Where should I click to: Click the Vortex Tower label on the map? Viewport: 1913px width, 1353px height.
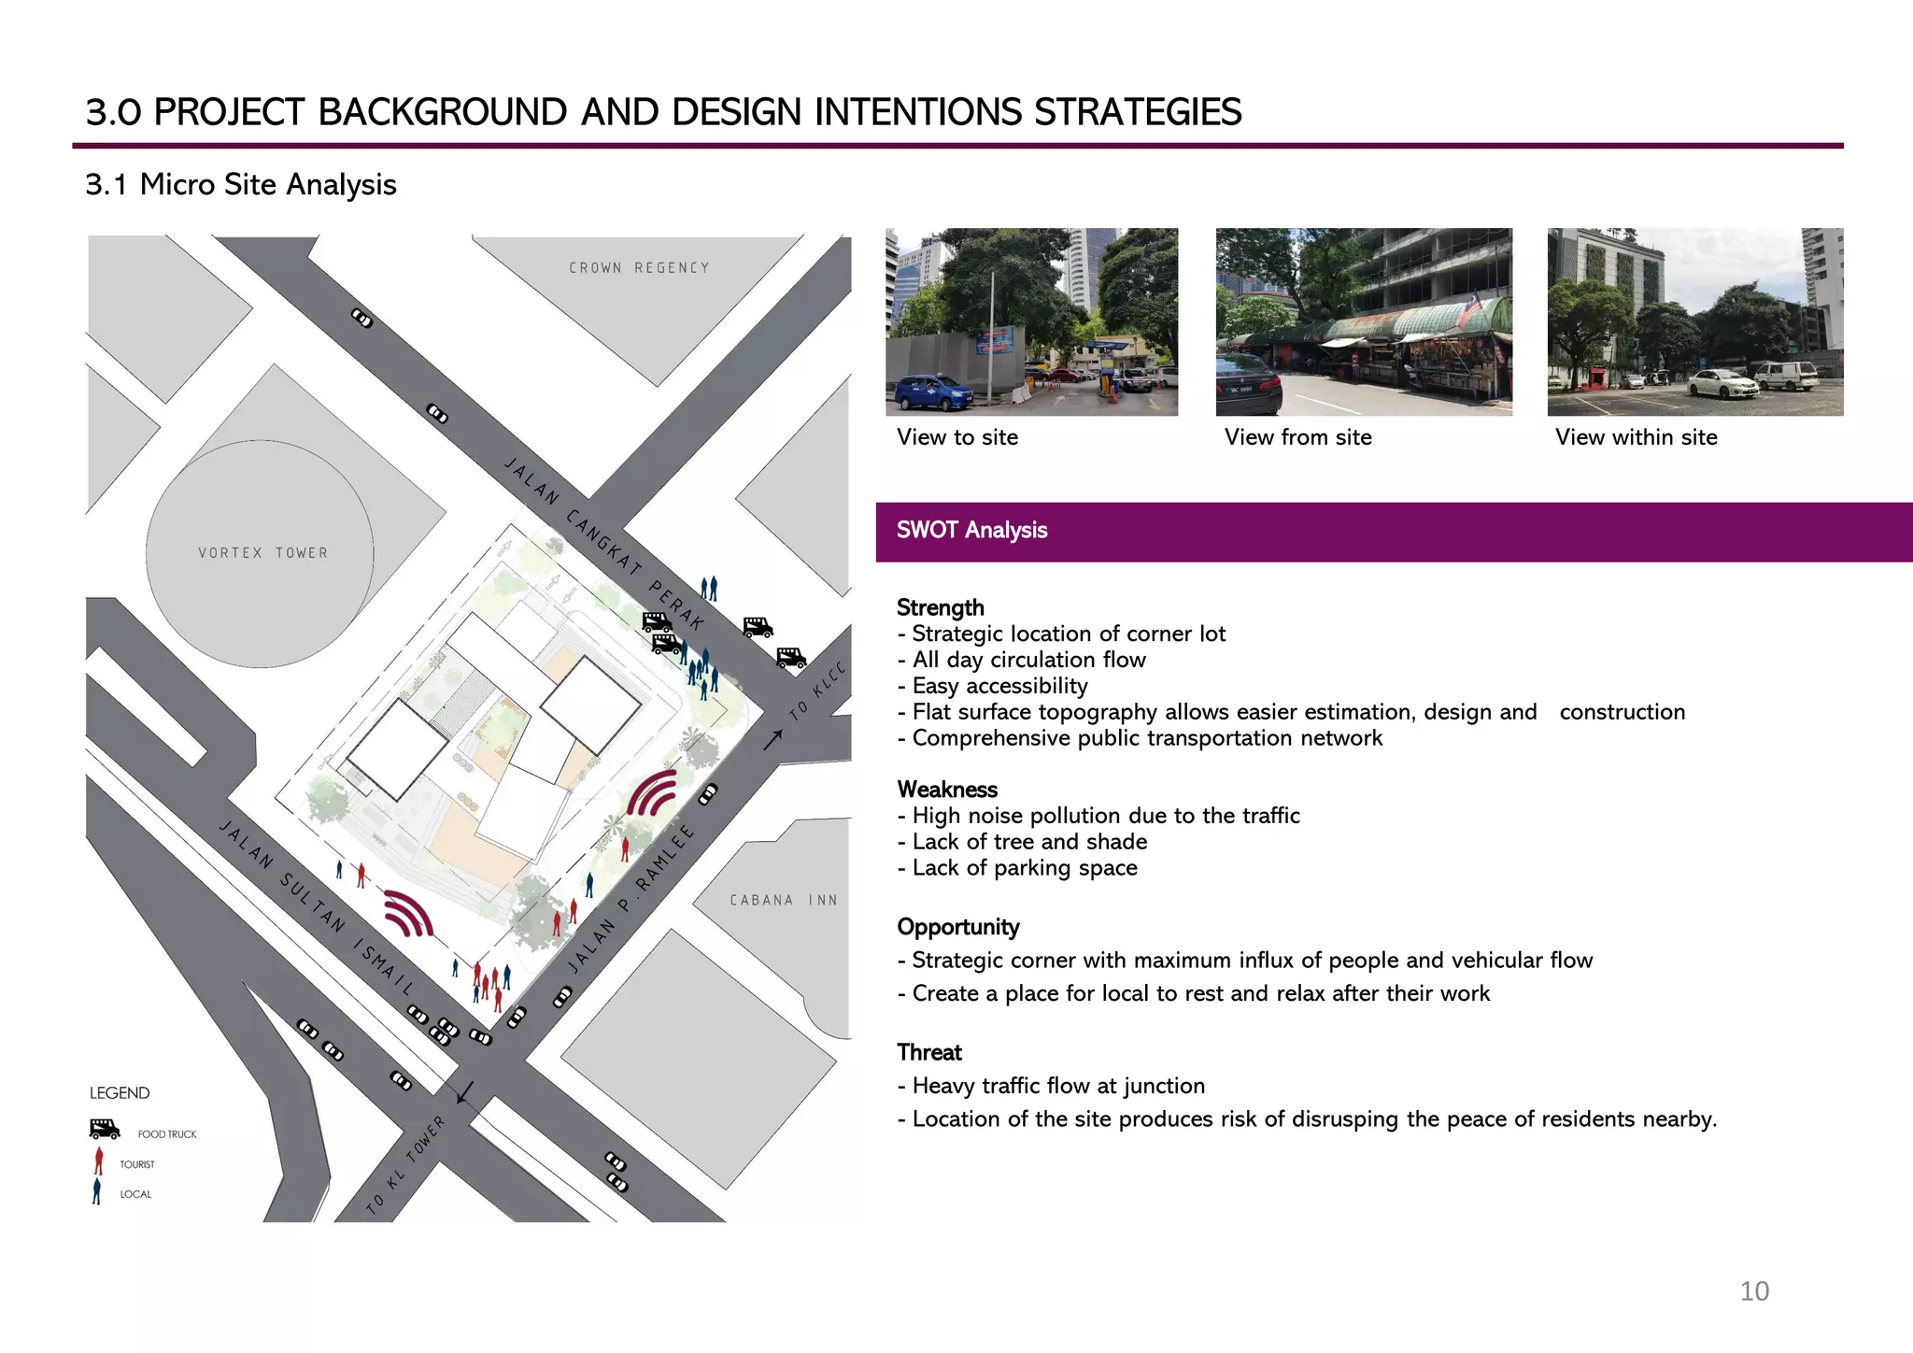click(x=262, y=553)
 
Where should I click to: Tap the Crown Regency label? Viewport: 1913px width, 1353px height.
click(x=639, y=268)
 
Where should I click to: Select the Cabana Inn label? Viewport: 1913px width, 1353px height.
click(x=783, y=900)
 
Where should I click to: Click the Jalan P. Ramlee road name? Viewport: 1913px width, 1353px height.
click(x=632, y=898)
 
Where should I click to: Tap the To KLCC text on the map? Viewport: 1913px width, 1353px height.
click(x=817, y=691)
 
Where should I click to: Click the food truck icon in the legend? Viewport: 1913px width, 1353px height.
click(x=105, y=1129)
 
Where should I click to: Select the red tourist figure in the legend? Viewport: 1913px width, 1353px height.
click(x=99, y=1161)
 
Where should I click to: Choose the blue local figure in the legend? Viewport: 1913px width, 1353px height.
click(x=96, y=1192)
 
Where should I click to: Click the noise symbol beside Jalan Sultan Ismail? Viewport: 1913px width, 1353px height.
click(x=409, y=913)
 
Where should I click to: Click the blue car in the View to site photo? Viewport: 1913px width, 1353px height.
click(x=932, y=392)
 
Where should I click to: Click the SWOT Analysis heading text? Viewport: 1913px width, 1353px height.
click(x=971, y=531)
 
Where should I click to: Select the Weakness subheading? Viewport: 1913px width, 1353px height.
click(x=947, y=790)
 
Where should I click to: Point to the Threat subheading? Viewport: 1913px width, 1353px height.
click(x=929, y=1053)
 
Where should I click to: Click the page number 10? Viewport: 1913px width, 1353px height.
click(x=1753, y=1291)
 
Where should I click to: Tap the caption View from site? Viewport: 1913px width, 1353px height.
click(x=1297, y=437)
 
